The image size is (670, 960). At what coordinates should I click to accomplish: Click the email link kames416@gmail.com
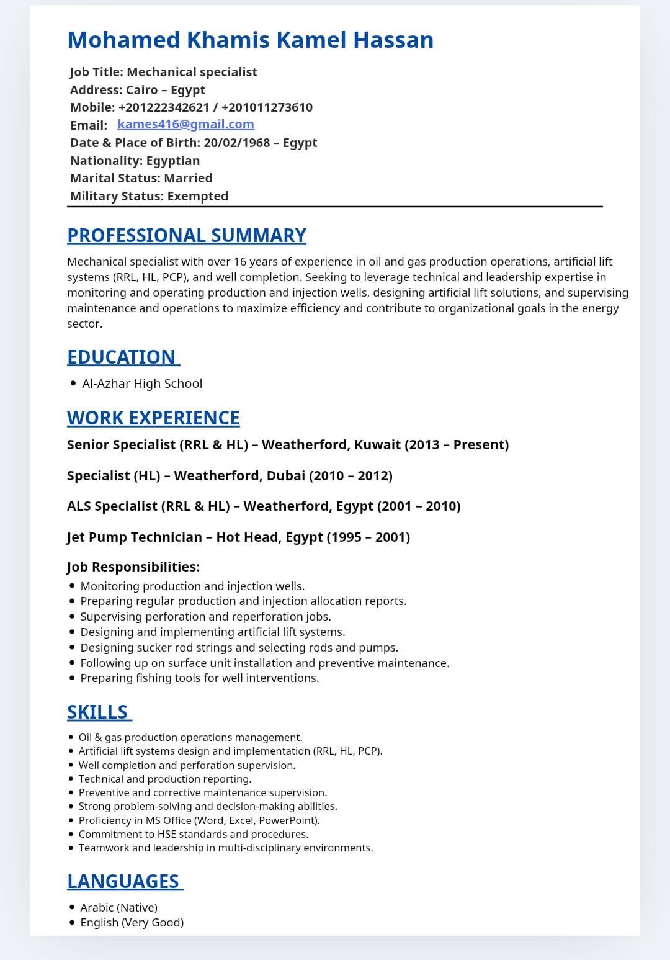coord(185,124)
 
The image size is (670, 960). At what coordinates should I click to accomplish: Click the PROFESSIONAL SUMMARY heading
coord(186,236)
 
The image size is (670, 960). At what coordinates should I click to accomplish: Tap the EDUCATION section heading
coord(122,357)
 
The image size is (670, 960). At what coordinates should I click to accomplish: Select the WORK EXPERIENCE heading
coord(153,418)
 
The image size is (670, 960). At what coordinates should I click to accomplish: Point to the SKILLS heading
coord(97,712)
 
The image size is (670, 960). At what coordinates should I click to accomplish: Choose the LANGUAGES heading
coord(123,882)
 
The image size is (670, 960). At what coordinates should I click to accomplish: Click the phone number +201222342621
coord(163,107)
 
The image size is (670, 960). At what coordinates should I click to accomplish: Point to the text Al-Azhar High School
coord(142,384)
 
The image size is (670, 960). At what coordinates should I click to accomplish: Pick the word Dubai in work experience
coord(286,476)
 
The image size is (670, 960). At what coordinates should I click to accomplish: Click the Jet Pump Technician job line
coord(238,537)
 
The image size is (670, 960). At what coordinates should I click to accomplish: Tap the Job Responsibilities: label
coord(133,567)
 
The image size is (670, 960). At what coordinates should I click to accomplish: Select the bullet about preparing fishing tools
coord(199,678)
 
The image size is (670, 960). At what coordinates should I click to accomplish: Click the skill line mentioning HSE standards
coord(193,835)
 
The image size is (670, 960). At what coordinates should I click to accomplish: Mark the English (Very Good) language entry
coord(132,923)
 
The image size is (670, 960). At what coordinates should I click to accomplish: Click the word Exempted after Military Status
coord(198,196)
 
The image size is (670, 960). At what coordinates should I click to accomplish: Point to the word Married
coord(189,178)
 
